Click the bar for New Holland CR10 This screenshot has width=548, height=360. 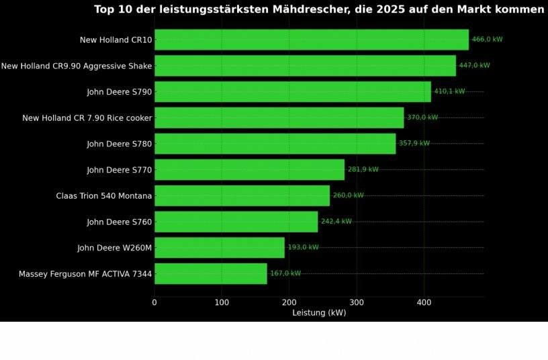pyautogui.click(x=311, y=40)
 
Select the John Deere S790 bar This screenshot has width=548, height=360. pyautogui.click(x=292, y=91)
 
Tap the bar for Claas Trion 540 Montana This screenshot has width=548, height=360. pyautogui.click(x=242, y=195)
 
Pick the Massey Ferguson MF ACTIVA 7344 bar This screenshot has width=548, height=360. pyautogui.click(x=210, y=273)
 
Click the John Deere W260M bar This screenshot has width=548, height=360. pyautogui.click(x=219, y=248)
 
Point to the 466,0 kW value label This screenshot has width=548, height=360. pyautogui.click(x=487, y=40)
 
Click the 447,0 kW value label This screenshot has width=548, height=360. pyautogui.click(x=474, y=66)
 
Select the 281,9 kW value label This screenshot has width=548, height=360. pyautogui.click(x=363, y=169)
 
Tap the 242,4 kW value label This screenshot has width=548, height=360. pyautogui.click(x=336, y=222)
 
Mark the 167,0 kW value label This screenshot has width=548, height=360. pyautogui.click(x=285, y=273)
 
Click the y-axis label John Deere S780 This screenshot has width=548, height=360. pyautogui.click(x=119, y=144)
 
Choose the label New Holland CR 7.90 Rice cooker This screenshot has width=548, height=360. pyautogui.click(x=87, y=118)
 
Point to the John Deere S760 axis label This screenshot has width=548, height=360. pyautogui.click(x=119, y=222)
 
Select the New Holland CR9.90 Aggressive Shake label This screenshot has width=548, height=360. pyautogui.click(x=77, y=66)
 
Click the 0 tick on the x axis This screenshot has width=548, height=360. pyautogui.click(x=154, y=302)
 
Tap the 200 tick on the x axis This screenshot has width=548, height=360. pyautogui.click(x=289, y=302)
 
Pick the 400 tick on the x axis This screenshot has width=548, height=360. pyautogui.click(x=424, y=302)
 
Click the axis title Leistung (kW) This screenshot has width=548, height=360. pyautogui.click(x=319, y=313)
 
